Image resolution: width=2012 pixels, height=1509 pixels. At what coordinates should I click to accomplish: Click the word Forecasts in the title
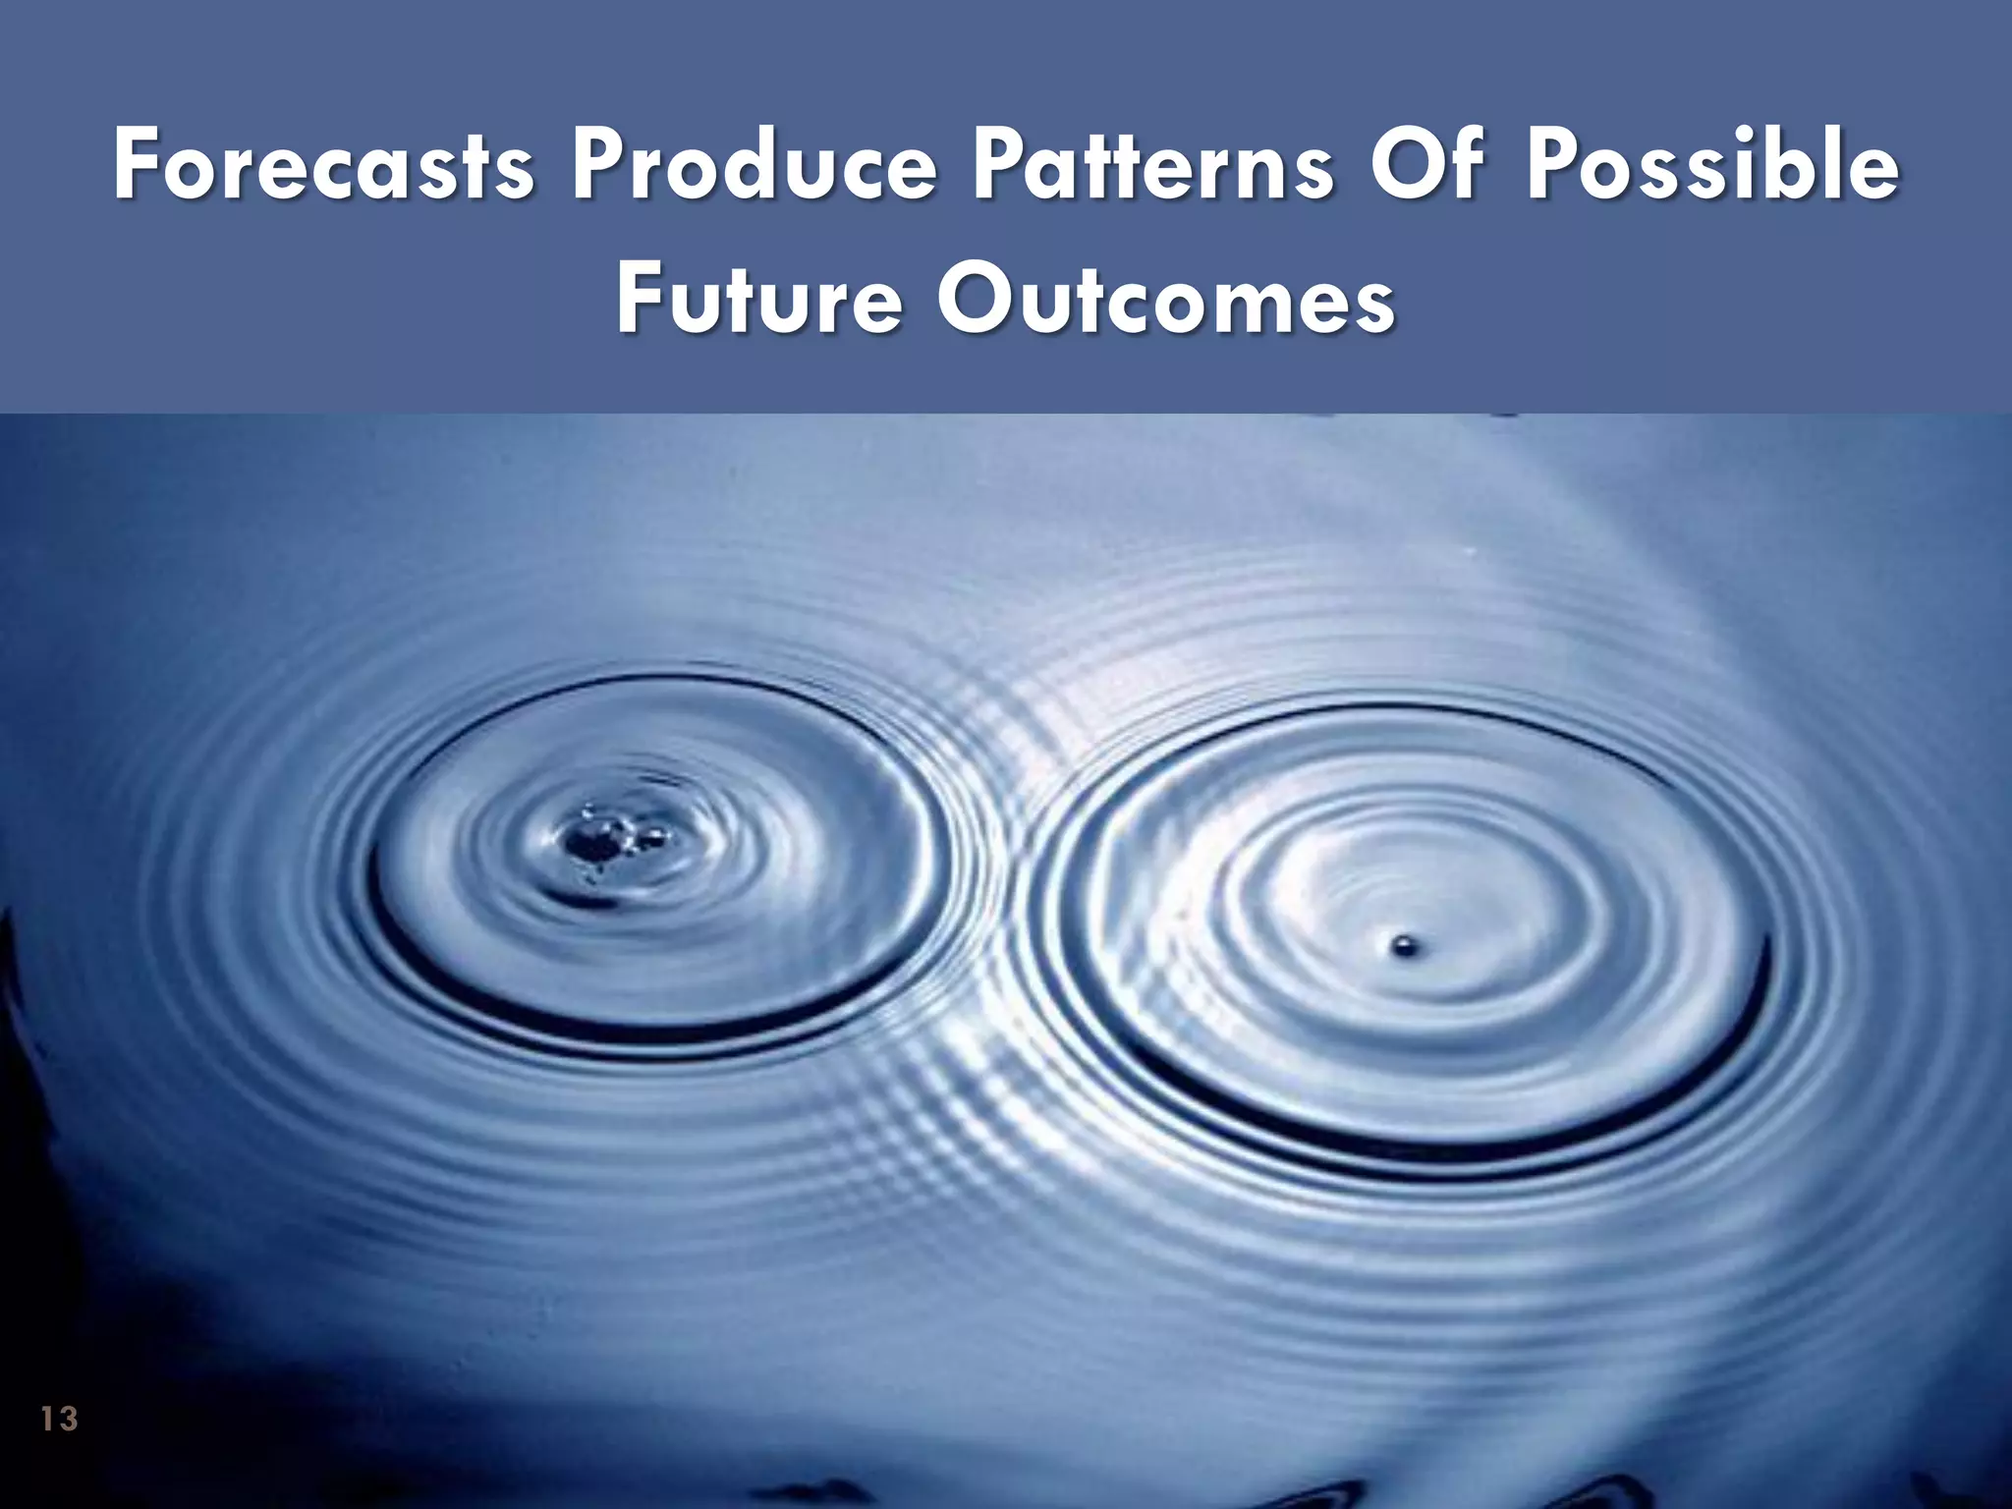coord(324,167)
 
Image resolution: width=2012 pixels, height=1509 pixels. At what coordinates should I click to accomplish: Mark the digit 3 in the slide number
coord(68,1419)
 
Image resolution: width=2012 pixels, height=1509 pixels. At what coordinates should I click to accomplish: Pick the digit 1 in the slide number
coord(48,1419)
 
